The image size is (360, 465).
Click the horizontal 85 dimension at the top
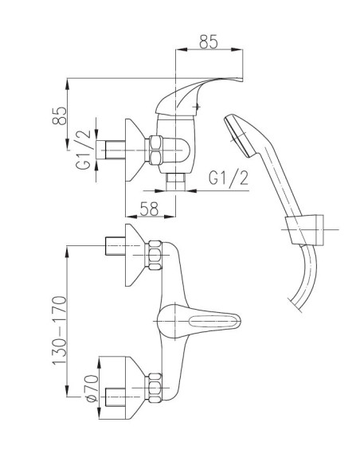coord(208,42)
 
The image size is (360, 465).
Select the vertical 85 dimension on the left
coord(59,115)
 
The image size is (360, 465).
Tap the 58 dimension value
coord(149,209)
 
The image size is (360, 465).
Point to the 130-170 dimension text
coord(59,330)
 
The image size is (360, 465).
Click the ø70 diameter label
coord(92,389)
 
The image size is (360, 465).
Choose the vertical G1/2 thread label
coord(83,149)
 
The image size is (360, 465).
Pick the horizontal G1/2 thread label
coord(229,178)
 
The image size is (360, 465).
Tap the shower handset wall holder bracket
coord(304,230)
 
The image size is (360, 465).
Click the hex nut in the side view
coord(156,150)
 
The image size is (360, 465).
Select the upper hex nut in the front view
coord(155,256)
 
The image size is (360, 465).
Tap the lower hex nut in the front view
coord(155,388)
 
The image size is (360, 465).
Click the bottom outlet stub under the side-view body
coord(176,182)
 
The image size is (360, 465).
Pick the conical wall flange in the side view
coord(135,150)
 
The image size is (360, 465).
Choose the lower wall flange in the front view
coord(135,388)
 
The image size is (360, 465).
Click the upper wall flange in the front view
coord(135,255)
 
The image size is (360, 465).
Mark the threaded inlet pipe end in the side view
coord(111,150)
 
